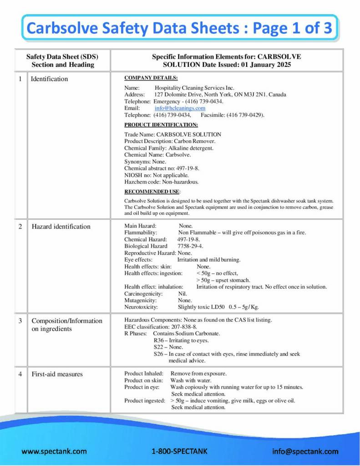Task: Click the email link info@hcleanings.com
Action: [x=180, y=108]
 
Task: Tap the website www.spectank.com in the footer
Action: [x=54, y=451]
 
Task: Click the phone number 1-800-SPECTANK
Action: [x=179, y=451]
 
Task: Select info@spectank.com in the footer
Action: [x=305, y=451]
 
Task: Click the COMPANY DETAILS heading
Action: [x=151, y=78]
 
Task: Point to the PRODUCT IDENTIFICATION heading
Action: [x=161, y=125]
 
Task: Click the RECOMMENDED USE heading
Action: [x=152, y=192]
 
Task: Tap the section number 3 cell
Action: [x=20, y=321]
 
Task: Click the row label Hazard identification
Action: [x=61, y=227]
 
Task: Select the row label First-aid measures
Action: [x=57, y=374]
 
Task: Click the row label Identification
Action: [x=49, y=79]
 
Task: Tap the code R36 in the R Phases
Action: [x=158, y=340]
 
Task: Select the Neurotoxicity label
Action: [x=141, y=307]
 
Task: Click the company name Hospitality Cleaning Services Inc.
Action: [x=194, y=88]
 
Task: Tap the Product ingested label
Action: [x=145, y=401]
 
